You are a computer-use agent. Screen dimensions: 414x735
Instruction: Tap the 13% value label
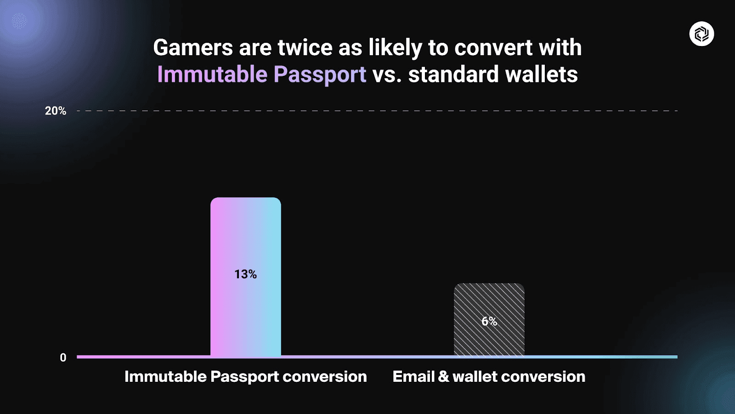point(245,274)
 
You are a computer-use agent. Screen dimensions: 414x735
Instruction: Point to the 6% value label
point(489,321)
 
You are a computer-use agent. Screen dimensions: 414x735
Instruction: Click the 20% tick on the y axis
point(55,111)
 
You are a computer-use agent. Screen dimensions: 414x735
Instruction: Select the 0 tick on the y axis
point(63,357)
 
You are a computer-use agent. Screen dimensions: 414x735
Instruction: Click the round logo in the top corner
point(701,34)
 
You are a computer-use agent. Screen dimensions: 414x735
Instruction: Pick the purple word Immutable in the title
point(212,74)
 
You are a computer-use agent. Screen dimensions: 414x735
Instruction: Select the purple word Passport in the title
point(320,75)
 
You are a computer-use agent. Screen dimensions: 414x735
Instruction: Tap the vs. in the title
point(387,75)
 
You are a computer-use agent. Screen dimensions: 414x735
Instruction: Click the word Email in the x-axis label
point(413,376)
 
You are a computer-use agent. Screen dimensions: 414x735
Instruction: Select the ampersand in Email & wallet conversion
point(443,376)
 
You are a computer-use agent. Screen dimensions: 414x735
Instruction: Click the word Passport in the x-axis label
point(244,377)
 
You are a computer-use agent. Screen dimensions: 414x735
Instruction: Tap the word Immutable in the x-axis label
point(165,376)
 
